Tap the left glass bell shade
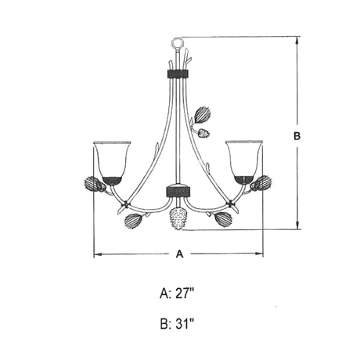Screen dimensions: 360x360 (x=112, y=163)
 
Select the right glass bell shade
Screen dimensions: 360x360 (x=244, y=163)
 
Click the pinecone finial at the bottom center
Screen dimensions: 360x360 (x=178, y=218)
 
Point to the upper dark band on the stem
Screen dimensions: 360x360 (x=178, y=74)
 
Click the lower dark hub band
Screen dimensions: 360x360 (x=178, y=191)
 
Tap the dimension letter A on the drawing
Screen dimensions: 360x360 (x=179, y=254)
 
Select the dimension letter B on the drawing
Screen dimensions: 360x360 (x=297, y=136)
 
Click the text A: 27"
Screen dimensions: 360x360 (x=177, y=293)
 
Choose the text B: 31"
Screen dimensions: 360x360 (x=177, y=324)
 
